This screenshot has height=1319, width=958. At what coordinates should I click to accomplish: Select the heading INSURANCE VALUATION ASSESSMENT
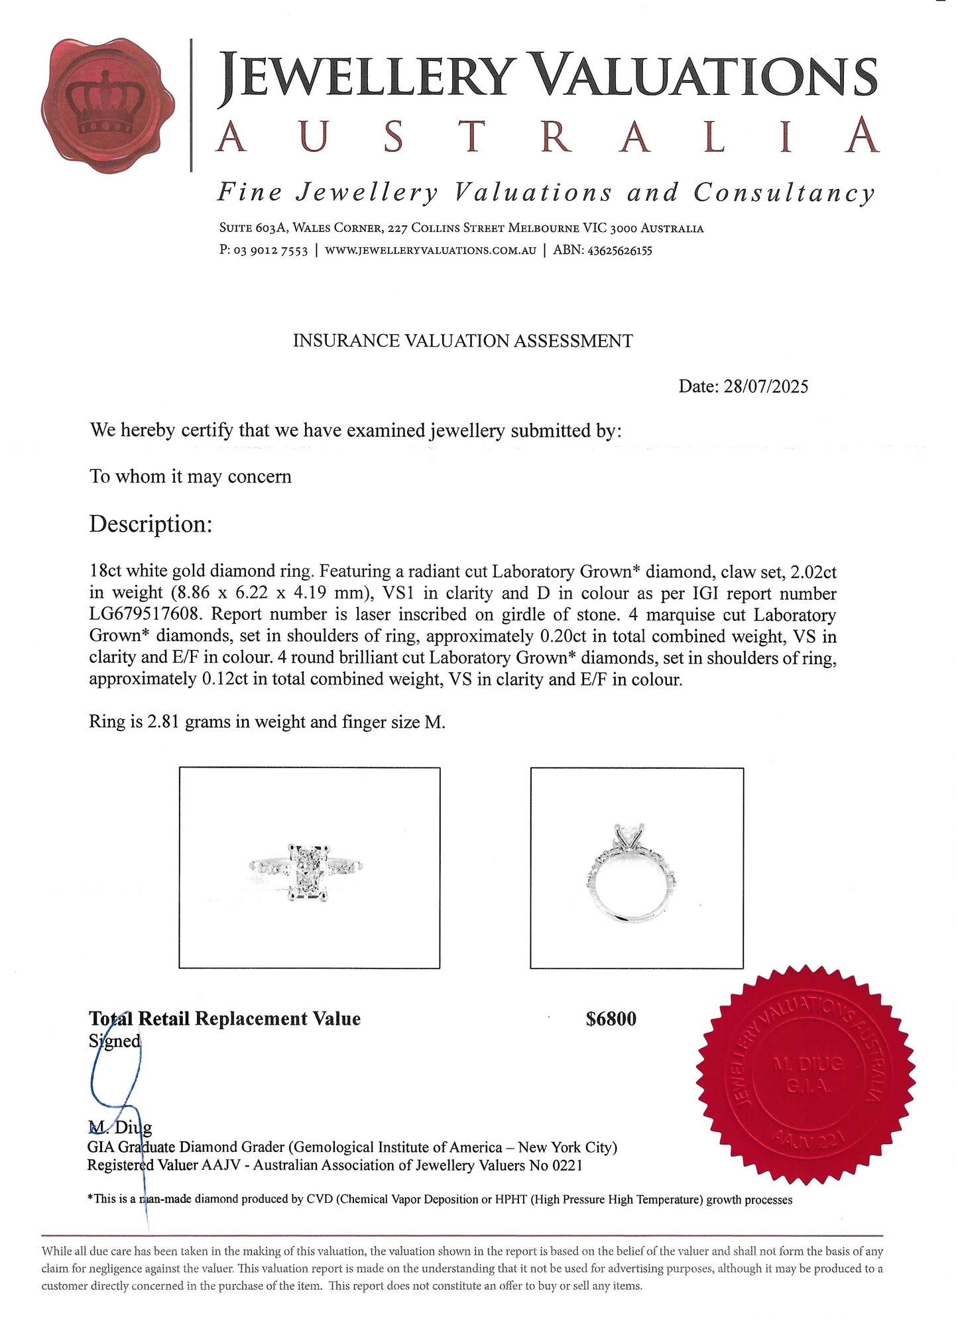(x=463, y=341)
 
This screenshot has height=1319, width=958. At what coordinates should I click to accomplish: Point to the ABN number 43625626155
(x=619, y=251)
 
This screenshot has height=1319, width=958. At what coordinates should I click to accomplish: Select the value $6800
(x=611, y=1019)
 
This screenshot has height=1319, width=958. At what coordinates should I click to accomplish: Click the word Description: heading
(x=150, y=524)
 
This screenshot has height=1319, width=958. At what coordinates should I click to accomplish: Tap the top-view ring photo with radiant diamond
(x=309, y=868)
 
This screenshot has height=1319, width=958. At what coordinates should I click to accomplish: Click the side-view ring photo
(x=636, y=868)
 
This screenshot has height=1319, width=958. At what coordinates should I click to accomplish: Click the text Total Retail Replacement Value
(x=225, y=1019)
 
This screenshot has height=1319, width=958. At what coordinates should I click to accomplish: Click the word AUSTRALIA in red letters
(x=548, y=137)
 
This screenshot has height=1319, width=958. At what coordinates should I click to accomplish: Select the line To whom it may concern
(x=190, y=477)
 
